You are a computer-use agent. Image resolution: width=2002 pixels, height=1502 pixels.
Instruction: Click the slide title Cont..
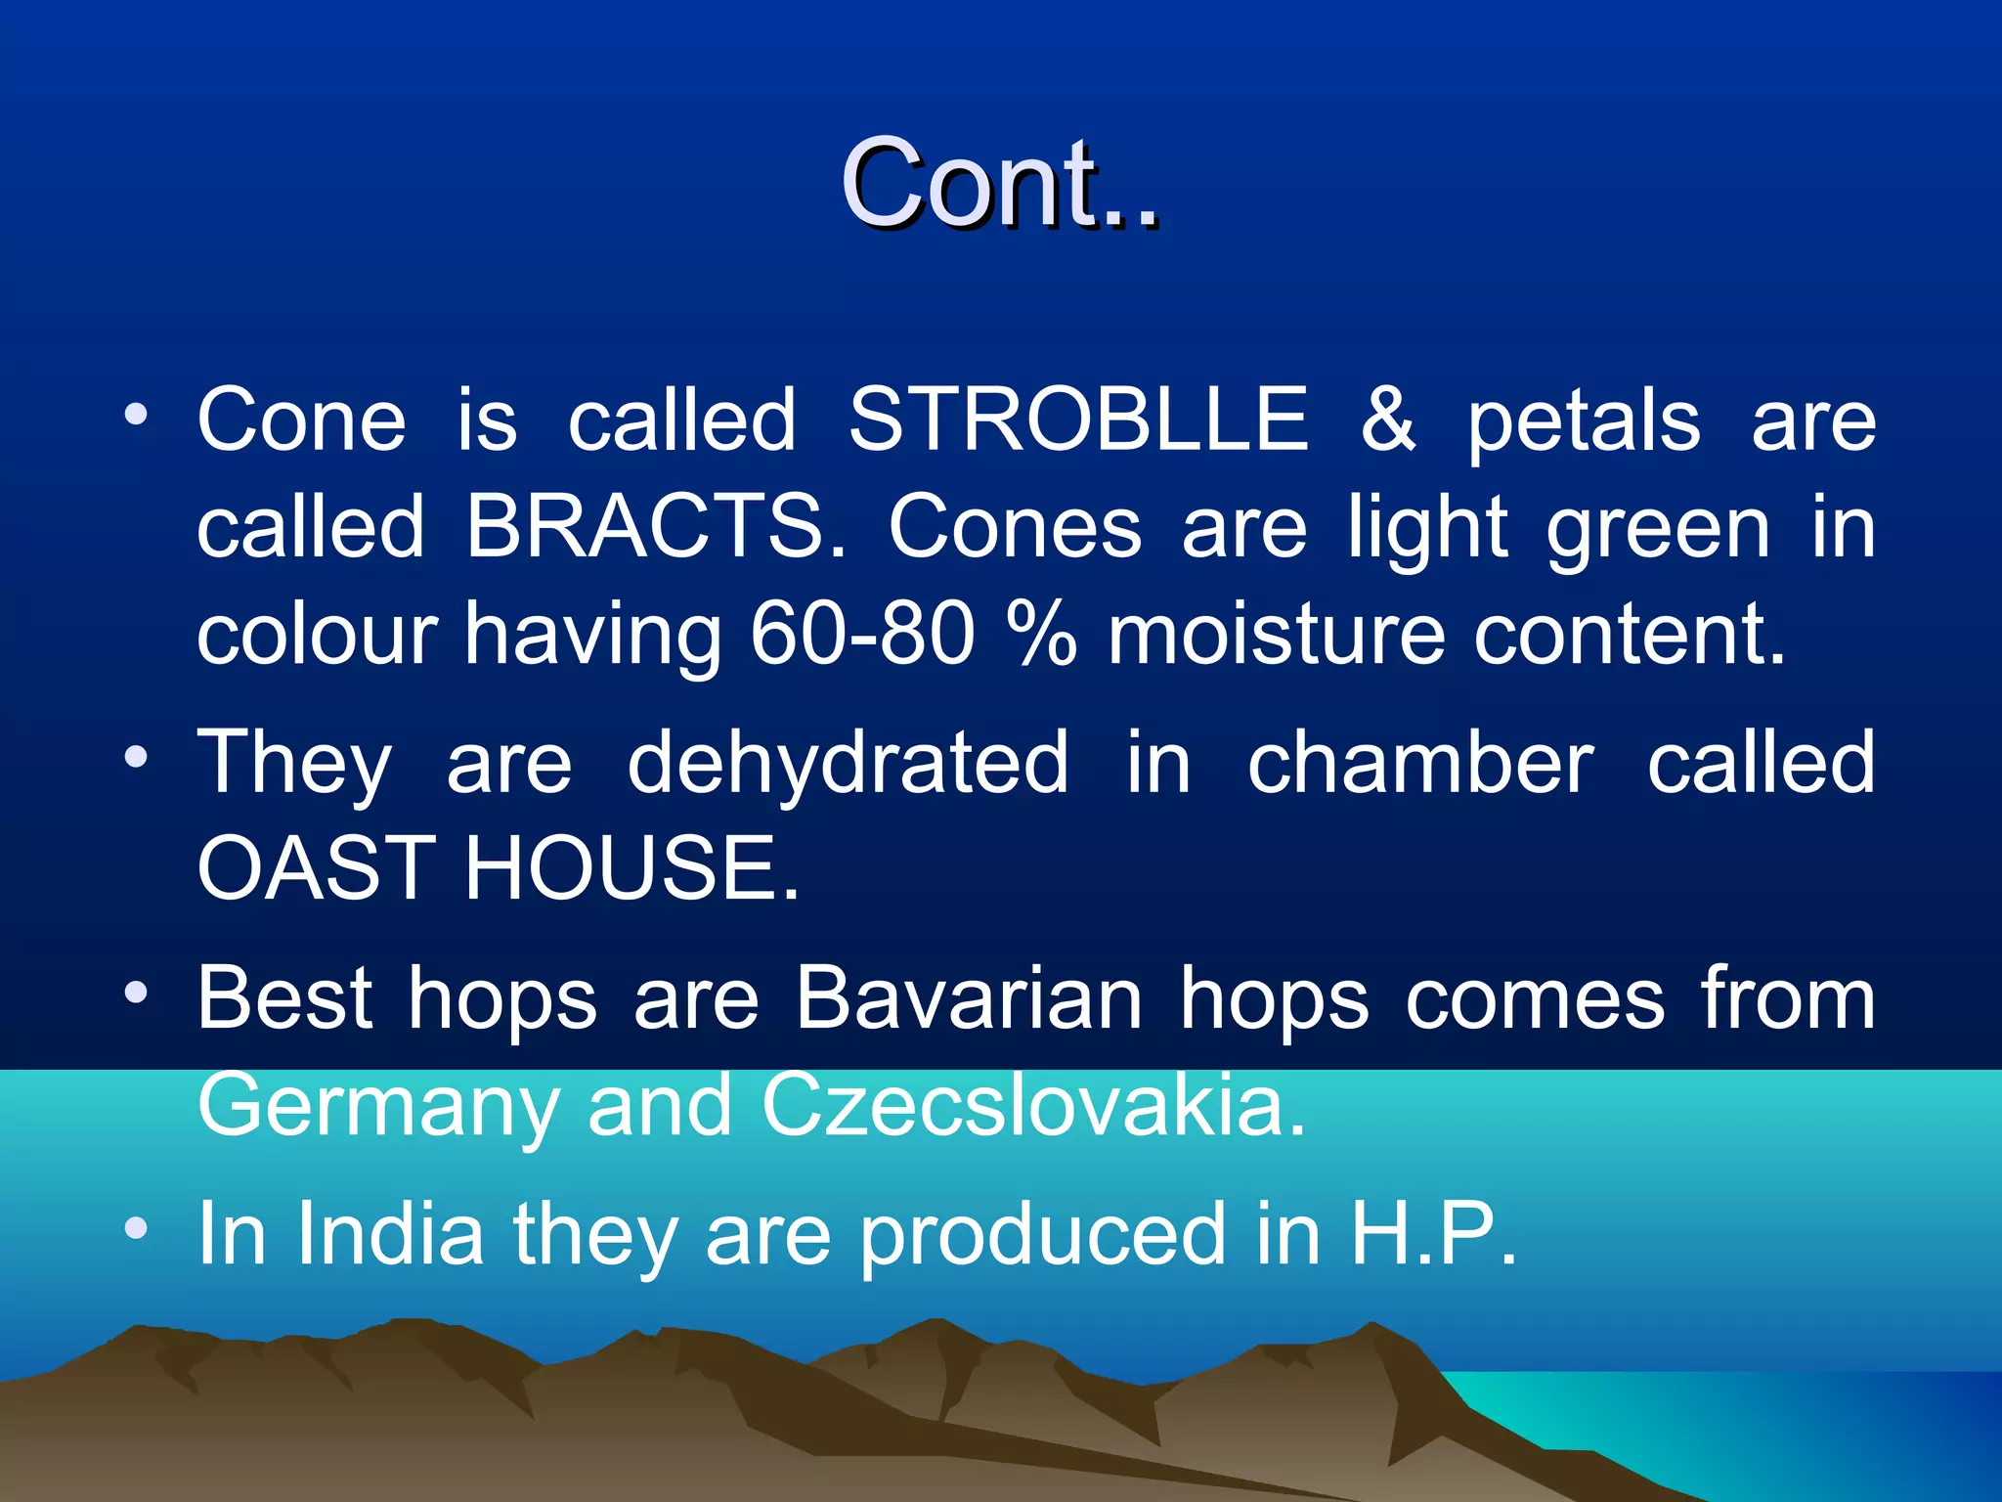[x=999, y=184]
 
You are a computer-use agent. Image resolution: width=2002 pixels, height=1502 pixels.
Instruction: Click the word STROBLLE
[x=1078, y=420]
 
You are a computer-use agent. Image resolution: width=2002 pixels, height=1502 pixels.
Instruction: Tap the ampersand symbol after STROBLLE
[x=1388, y=420]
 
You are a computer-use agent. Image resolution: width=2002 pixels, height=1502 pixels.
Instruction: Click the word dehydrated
[x=848, y=763]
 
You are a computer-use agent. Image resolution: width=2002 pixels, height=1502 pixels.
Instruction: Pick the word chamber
[x=1420, y=763]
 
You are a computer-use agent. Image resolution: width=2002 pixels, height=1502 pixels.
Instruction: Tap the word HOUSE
[x=631, y=868]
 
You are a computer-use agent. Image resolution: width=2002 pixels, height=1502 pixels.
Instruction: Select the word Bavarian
[x=968, y=999]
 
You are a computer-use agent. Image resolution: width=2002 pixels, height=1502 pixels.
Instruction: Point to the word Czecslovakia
[x=1032, y=1105]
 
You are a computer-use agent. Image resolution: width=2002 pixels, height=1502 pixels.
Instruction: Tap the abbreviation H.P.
[x=1433, y=1234]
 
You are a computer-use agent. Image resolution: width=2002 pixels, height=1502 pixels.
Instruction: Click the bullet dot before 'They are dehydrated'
[x=136, y=756]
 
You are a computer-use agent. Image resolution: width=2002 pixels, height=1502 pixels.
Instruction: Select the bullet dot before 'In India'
[x=136, y=1227]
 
